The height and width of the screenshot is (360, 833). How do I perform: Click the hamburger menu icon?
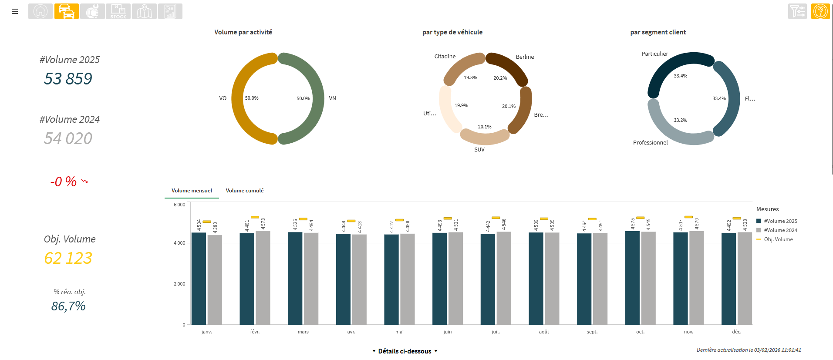click(15, 11)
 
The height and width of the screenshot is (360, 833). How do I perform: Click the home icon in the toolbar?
click(40, 11)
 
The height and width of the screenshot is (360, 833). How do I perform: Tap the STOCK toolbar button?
click(118, 11)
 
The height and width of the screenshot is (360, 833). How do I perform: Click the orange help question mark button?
click(820, 11)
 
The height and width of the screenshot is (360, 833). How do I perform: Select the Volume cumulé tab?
click(244, 191)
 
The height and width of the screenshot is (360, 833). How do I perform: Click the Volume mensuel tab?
click(192, 191)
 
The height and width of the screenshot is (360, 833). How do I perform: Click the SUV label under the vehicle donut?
click(479, 150)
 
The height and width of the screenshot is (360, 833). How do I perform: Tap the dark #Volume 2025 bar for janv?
click(199, 279)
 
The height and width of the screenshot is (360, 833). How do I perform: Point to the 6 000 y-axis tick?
click(179, 205)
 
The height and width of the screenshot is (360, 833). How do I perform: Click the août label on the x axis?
click(544, 332)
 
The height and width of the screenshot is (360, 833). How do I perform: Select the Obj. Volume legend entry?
click(778, 239)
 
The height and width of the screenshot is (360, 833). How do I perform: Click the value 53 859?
click(68, 79)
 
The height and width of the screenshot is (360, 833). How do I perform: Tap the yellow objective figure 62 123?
click(68, 258)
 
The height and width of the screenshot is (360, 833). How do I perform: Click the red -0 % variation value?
click(64, 182)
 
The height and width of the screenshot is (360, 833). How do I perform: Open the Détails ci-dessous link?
click(405, 351)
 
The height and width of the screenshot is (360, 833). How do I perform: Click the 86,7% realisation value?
click(68, 306)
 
